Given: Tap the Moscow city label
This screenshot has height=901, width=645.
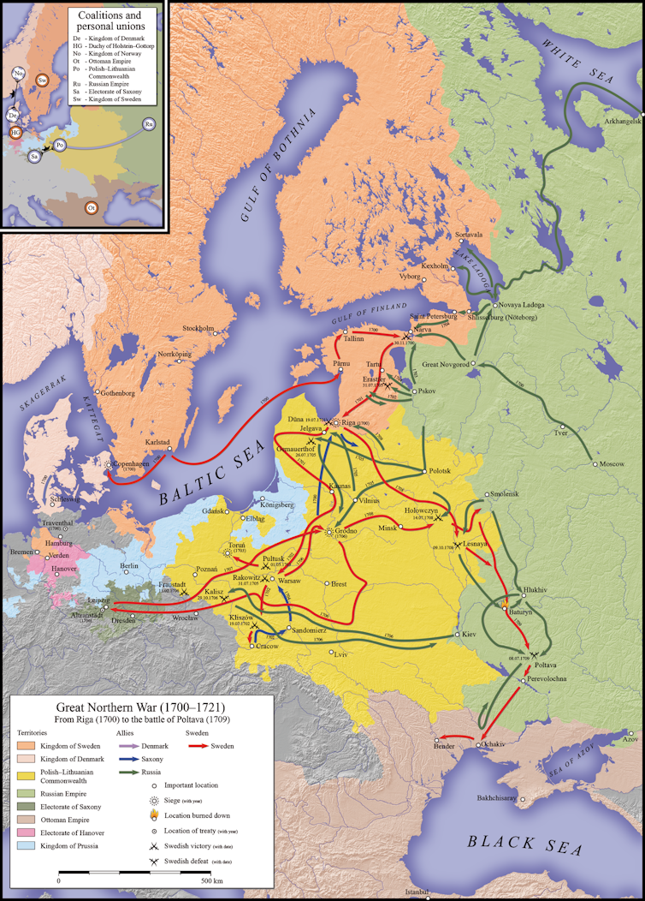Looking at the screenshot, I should [612, 463].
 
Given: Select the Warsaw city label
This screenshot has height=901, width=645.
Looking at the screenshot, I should [290, 580].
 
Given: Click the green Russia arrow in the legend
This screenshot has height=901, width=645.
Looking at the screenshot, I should [133, 774].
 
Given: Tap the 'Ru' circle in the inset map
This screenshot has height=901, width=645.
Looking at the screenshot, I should [150, 124].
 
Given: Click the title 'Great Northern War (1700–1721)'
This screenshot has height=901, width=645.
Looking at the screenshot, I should [141, 708].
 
